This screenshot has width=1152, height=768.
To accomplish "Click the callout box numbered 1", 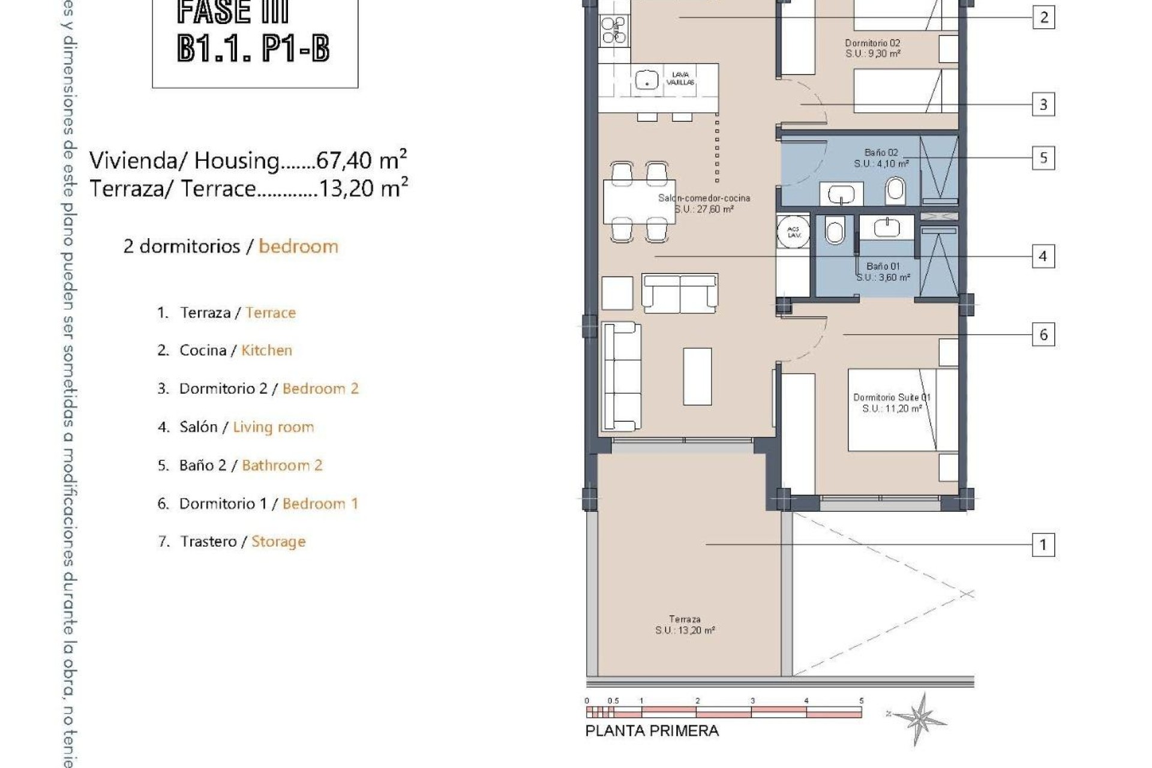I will pyautogui.click(x=1043, y=545).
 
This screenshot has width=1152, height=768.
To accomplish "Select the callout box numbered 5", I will pyautogui.click(x=1043, y=158).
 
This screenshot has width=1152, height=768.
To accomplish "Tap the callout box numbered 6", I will pyautogui.click(x=1043, y=334).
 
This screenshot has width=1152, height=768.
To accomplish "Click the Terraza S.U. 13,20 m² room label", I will pyautogui.click(x=685, y=625).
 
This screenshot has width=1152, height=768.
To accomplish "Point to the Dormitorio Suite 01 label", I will pyautogui.click(x=892, y=403).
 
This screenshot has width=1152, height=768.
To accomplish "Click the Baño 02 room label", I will pyautogui.click(x=881, y=158).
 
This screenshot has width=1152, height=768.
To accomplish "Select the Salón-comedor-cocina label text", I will pyautogui.click(x=704, y=203).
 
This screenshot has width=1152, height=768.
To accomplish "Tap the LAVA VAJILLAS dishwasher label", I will pyautogui.click(x=680, y=79).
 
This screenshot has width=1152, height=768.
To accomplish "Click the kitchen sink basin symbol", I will pyautogui.click(x=647, y=79).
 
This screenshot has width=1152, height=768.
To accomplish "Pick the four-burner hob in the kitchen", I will pyautogui.click(x=614, y=29).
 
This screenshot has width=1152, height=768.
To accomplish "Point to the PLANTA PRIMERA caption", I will pyautogui.click(x=652, y=731).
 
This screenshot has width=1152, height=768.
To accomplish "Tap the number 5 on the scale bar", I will pyautogui.click(x=861, y=701).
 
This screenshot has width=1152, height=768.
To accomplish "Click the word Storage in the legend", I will pyautogui.click(x=278, y=541).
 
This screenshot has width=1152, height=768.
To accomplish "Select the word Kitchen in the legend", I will pyautogui.click(x=266, y=350).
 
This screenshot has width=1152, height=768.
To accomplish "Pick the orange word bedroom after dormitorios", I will pyautogui.click(x=298, y=247).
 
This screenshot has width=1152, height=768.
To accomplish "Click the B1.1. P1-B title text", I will pyautogui.click(x=253, y=48).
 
